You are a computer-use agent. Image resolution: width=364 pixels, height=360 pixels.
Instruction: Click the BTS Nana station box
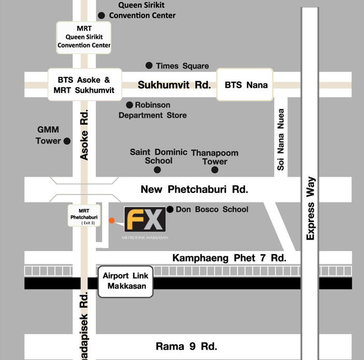point(245,85)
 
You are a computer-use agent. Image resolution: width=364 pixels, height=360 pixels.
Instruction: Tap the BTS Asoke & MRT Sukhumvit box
point(85,85)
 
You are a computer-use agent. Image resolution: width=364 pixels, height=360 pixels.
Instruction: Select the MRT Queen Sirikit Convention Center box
point(84,37)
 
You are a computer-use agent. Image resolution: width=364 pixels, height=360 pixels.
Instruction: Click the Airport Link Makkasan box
point(125,282)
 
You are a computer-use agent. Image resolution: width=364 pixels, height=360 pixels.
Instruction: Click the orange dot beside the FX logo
point(111,220)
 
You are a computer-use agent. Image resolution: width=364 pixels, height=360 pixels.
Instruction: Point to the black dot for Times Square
point(149,65)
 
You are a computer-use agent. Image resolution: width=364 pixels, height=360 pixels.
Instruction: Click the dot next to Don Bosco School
point(170,210)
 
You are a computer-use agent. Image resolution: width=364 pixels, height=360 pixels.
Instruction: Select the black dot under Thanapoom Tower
point(215,170)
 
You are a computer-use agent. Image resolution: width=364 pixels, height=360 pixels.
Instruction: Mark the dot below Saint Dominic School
point(157,170)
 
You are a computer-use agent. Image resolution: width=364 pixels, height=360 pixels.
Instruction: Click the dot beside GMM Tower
point(66,141)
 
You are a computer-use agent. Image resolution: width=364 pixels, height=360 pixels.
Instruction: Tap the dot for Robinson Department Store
point(130,105)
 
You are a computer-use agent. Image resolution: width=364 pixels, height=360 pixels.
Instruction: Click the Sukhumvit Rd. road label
point(174,85)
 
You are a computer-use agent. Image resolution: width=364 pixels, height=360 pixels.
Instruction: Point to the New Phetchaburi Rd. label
point(194,189)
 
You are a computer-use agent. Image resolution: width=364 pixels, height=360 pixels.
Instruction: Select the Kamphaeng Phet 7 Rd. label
point(229,257)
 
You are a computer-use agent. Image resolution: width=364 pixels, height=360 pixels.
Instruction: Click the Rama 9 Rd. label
point(187,347)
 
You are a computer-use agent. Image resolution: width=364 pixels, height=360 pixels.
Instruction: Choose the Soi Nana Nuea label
point(281,140)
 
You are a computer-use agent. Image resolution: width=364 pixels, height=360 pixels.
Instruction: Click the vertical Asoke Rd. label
point(85,134)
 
